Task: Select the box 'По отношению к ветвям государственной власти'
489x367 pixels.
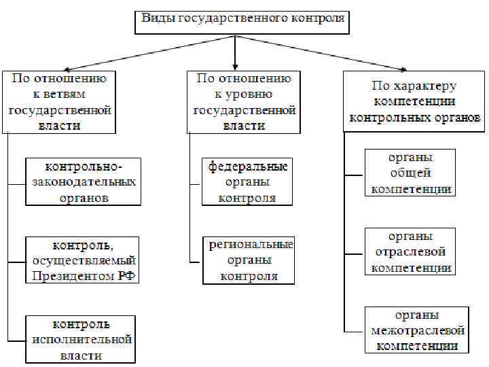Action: [60, 102]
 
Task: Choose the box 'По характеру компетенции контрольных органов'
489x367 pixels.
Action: [414, 102]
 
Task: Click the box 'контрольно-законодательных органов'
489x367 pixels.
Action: [84, 182]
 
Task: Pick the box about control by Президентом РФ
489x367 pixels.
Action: [84, 260]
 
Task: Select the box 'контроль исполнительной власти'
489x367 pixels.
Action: [81, 339]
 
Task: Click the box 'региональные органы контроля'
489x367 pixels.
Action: [249, 260]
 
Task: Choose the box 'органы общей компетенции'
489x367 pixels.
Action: [410, 173]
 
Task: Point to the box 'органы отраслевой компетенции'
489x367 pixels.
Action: [410, 251]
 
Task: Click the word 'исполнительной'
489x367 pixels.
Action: [81, 339]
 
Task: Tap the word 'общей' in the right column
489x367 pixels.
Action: [410, 173]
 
